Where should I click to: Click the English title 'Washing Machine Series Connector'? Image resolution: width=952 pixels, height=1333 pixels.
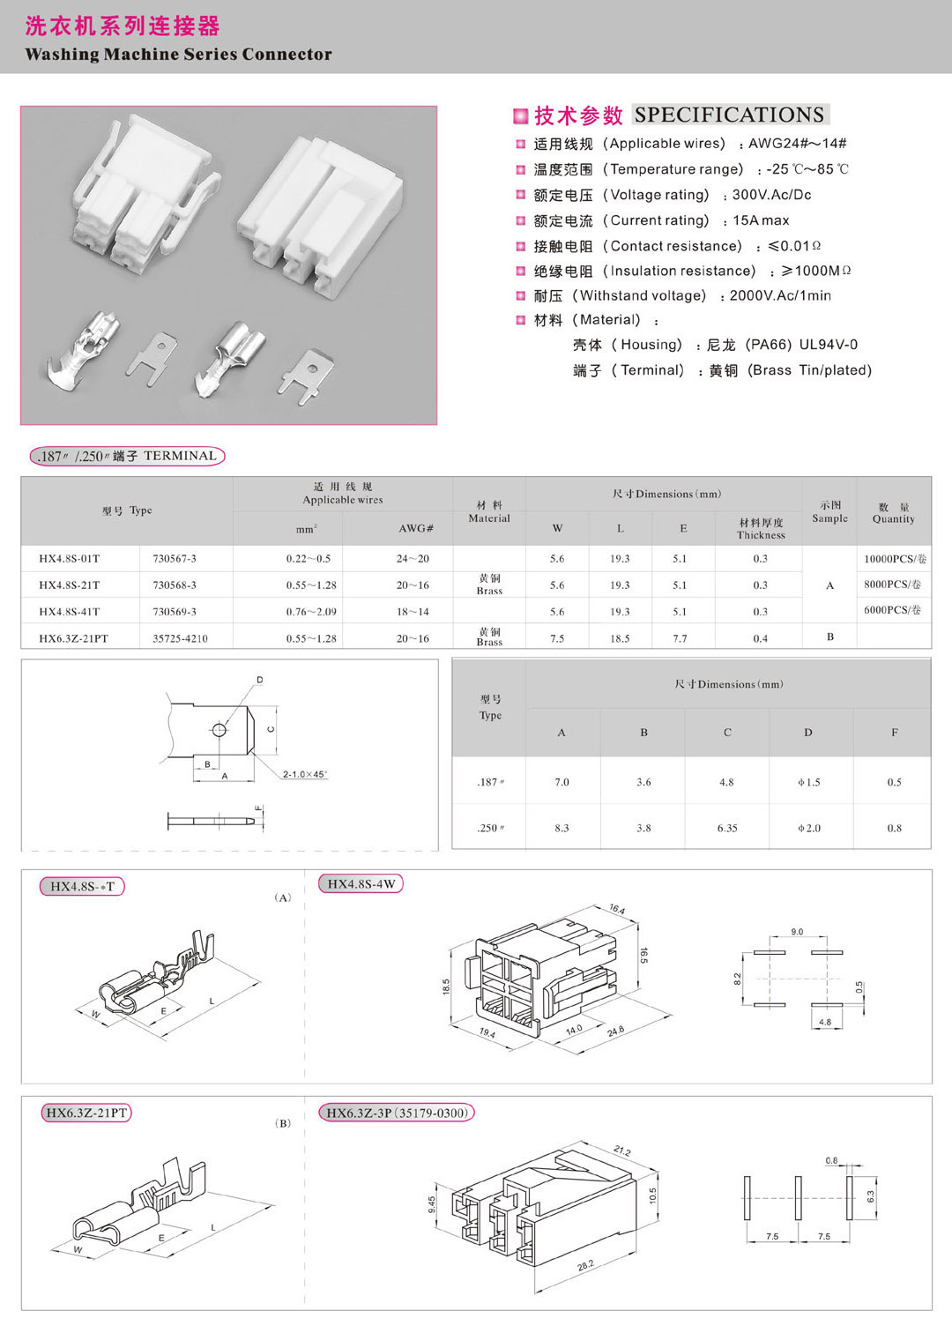[x=178, y=54]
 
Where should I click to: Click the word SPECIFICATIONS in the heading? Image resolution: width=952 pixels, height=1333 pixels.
[x=729, y=115]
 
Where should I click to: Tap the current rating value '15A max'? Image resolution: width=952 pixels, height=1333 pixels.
[x=761, y=220]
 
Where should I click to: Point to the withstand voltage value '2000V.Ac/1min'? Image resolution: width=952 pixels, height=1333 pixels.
[x=780, y=295]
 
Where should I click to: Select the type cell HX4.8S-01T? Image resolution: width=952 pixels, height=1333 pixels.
[x=70, y=559]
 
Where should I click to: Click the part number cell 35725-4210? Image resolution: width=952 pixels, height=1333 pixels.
[x=180, y=638]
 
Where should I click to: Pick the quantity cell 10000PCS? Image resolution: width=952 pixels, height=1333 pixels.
[x=894, y=559]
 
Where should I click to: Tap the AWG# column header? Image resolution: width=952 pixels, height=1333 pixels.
[x=416, y=529]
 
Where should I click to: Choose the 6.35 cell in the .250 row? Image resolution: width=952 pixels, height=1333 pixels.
[x=727, y=828]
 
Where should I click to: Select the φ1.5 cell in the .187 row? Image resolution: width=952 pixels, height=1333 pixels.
[x=808, y=782]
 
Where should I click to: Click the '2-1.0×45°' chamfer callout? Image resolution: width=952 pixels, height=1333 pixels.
[x=304, y=774]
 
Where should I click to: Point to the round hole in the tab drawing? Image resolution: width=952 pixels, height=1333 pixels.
[x=219, y=730]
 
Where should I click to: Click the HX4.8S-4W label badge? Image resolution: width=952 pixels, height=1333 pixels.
[x=361, y=884]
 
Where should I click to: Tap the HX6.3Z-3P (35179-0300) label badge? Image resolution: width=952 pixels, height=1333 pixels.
[x=397, y=1113]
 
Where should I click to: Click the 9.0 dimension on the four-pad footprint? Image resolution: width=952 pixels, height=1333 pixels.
[x=797, y=932]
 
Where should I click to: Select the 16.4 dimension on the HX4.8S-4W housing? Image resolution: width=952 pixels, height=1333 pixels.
[x=616, y=910]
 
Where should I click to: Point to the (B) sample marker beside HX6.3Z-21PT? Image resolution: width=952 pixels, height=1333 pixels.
[x=283, y=1123]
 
